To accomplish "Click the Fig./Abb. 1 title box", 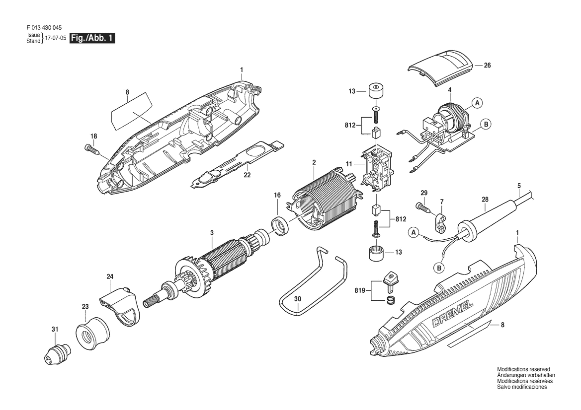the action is tap(92, 38).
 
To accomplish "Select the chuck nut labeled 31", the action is tap(57, 353).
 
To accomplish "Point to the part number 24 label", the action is tap(110, 276).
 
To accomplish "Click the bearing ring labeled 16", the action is tap(281, 226).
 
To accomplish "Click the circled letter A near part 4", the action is tap(478, 103).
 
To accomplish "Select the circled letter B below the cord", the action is tap(438, 268).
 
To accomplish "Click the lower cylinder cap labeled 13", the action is tap(376, 252).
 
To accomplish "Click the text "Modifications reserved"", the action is tap(523, 369).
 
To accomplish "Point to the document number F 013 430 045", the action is tap(44, 28).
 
